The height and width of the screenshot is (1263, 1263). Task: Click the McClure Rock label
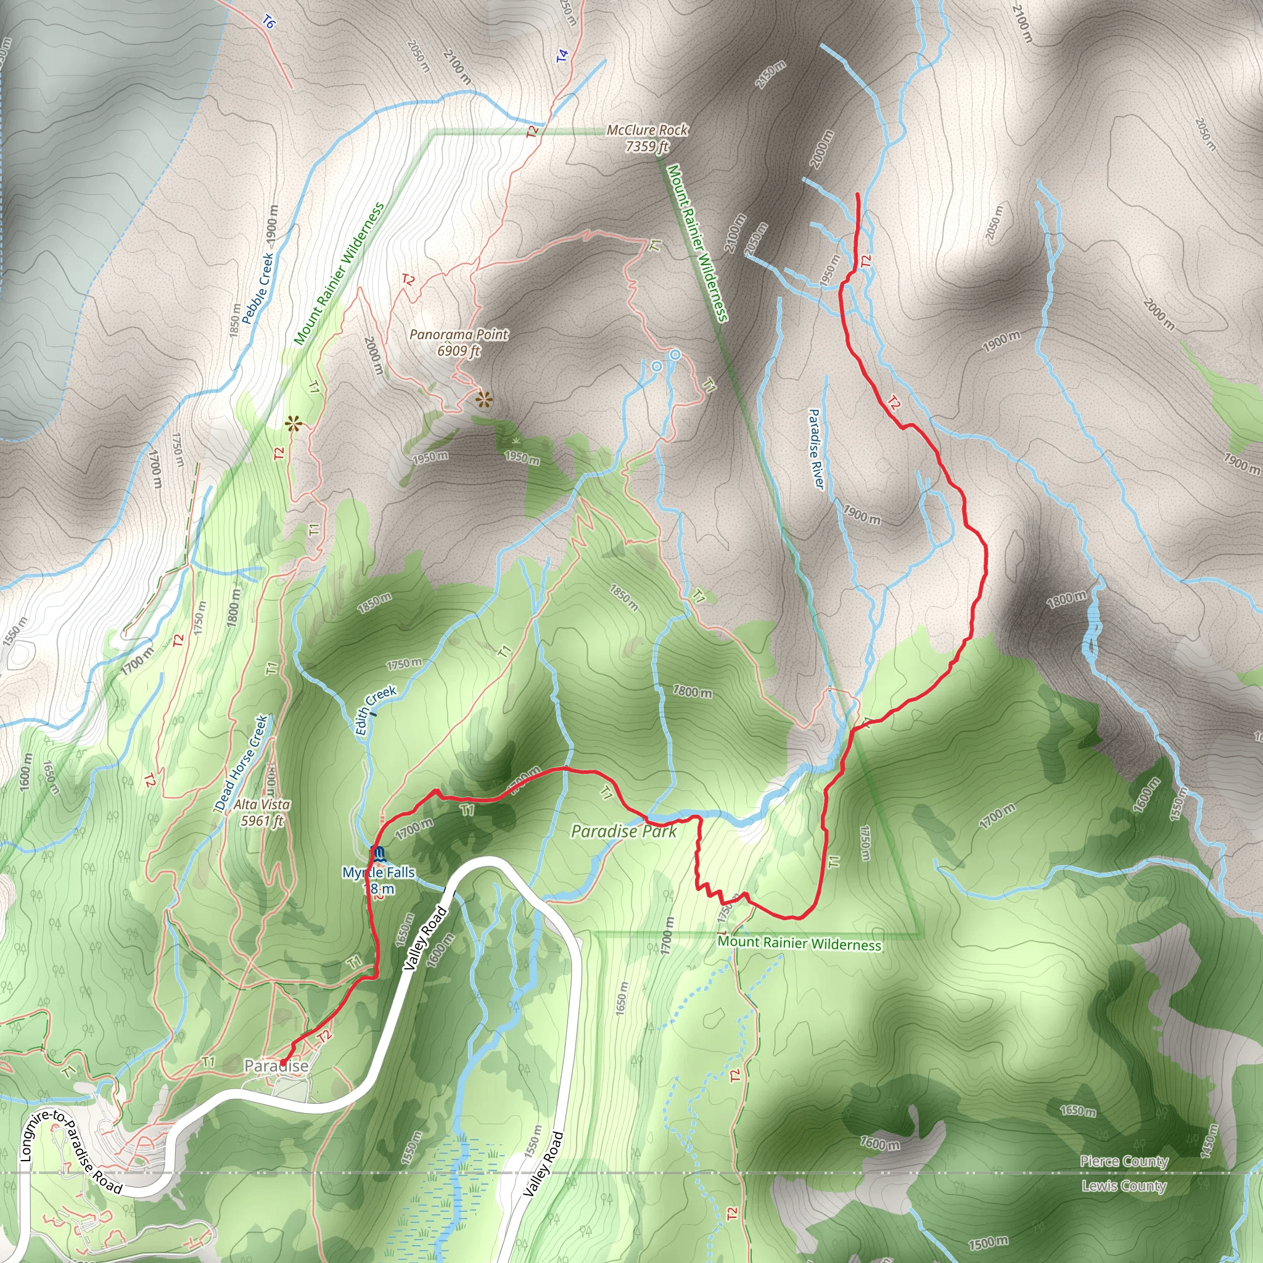tap(646, 138)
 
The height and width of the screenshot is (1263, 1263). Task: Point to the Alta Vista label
tap(261, 812)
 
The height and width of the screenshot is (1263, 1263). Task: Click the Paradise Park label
tap(623, 831)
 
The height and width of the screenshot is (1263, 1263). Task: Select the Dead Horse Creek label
tap(241, 763)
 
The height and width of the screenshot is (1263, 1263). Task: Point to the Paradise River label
tap(816, 448)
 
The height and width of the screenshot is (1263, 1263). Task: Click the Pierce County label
tap(1124, 1161)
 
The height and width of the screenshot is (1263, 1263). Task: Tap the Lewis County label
tap(1124, 1185)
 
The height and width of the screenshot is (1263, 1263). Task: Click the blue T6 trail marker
tap(269, 23)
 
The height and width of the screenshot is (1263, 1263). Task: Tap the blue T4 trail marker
tap(562, 56)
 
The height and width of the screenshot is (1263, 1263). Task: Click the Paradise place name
tap(276, 1066)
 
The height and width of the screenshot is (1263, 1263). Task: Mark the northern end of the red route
tap(858, 194)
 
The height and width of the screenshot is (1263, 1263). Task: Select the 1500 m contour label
tap(988, 1242)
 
